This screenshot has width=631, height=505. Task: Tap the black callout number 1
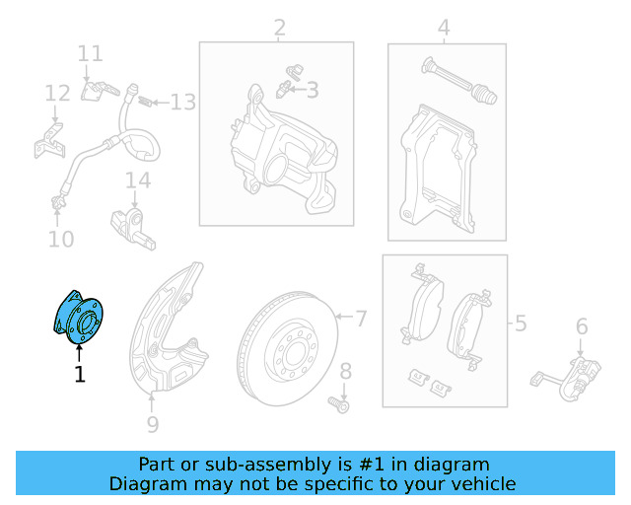pos(80,374)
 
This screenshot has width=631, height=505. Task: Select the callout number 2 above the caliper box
pos(279,27)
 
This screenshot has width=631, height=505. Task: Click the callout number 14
pos(138,180)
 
